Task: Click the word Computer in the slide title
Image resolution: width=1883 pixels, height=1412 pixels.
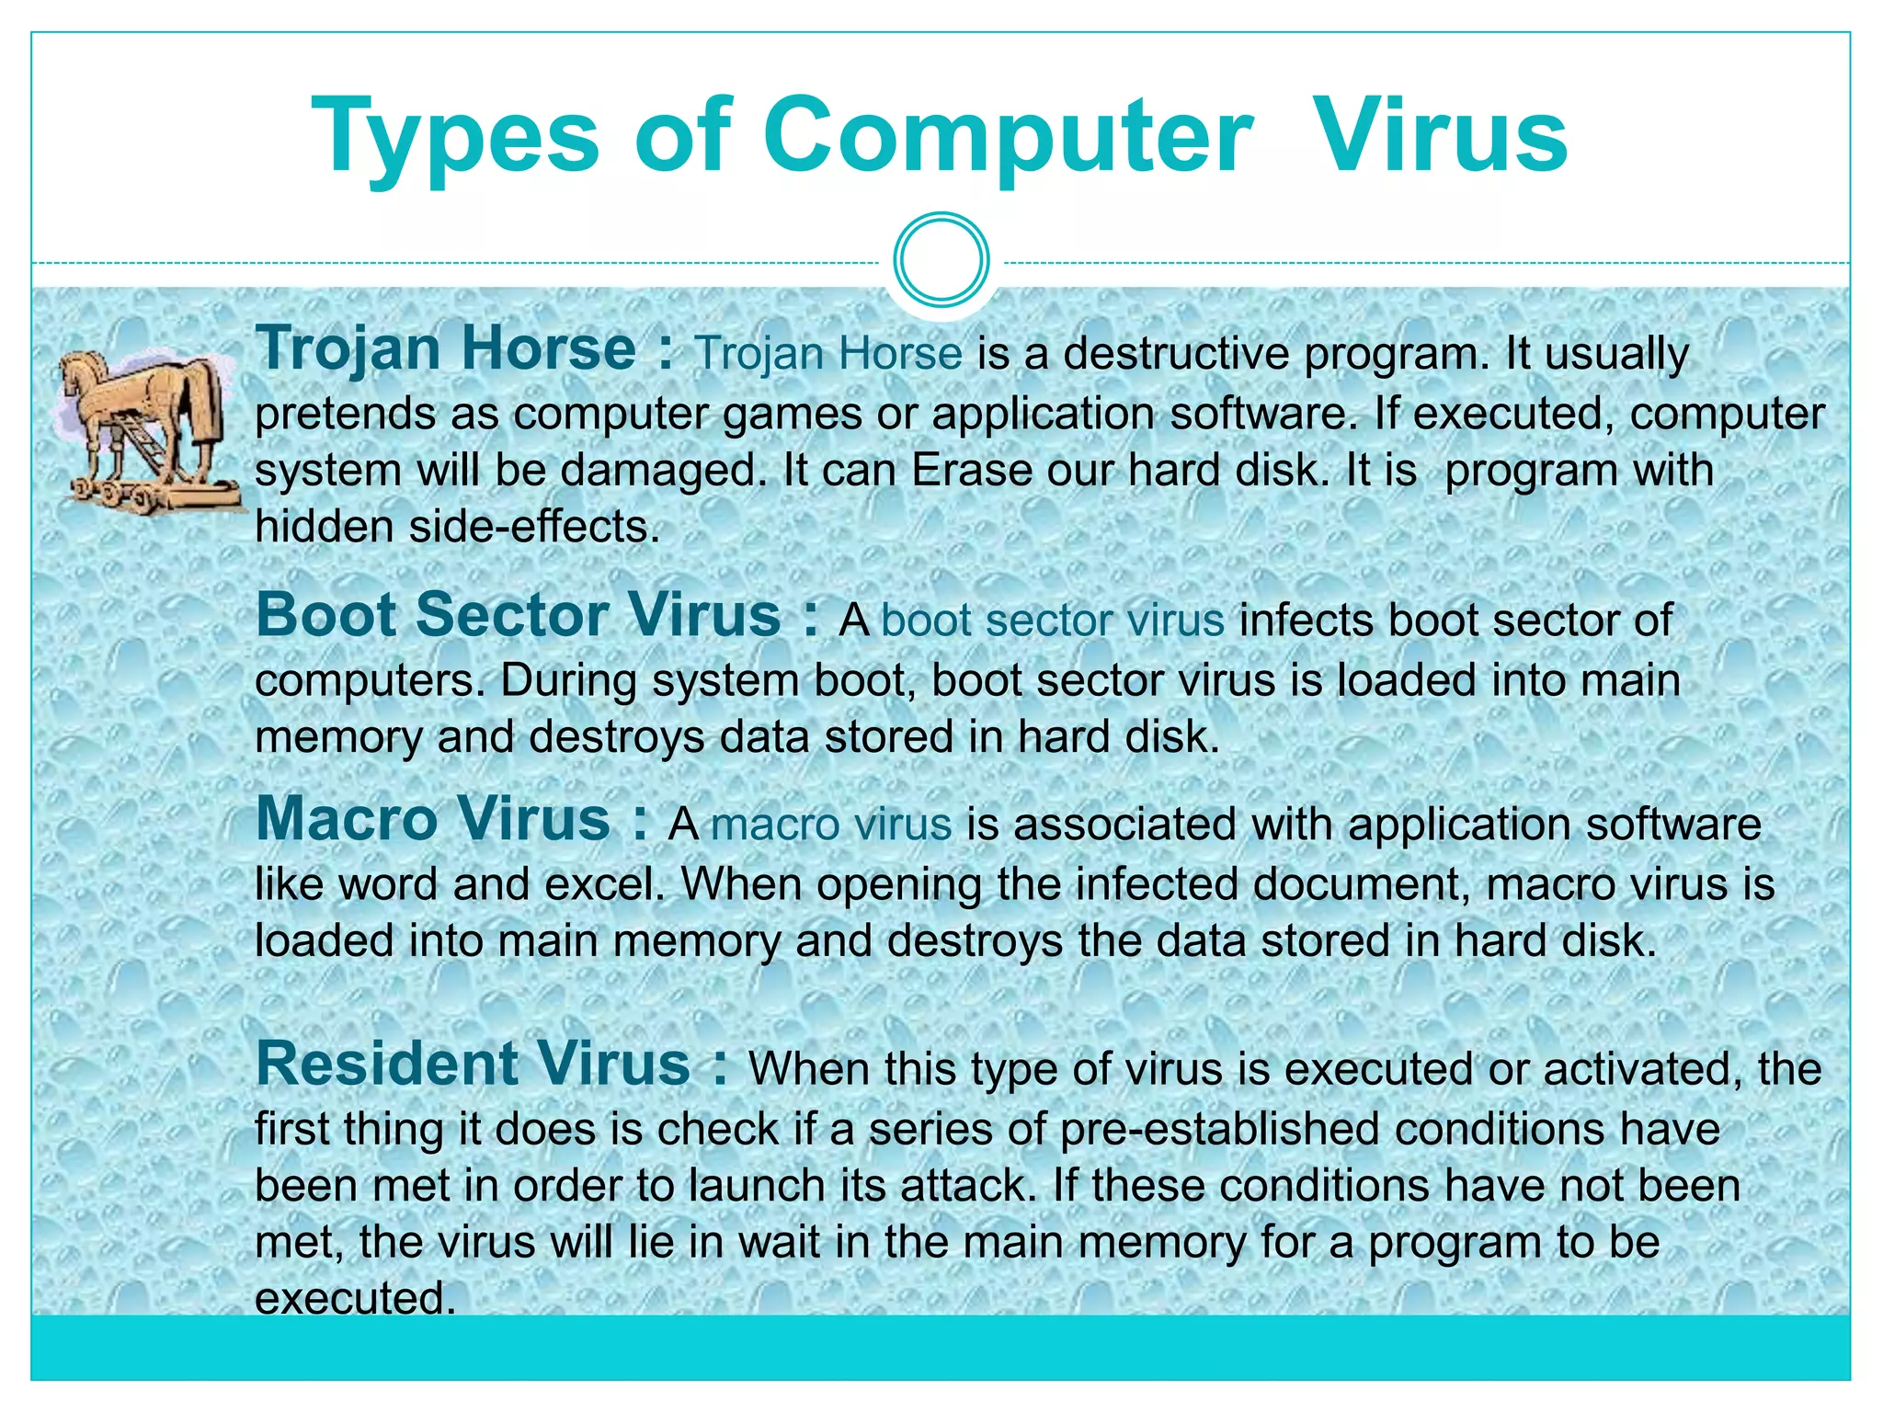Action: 1007,135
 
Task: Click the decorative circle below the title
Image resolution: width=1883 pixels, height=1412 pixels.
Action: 941,260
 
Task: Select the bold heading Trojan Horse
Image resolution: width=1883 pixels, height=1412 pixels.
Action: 446,349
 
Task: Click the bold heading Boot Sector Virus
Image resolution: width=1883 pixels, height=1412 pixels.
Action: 519,615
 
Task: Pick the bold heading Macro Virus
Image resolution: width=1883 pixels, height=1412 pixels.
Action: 433,818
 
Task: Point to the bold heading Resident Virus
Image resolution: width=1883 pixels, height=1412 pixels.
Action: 474,1064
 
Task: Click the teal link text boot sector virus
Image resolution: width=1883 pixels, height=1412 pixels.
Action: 1052,621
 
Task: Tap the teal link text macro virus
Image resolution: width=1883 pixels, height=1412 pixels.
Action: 831,825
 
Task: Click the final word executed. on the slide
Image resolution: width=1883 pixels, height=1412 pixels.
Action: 355,1299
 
